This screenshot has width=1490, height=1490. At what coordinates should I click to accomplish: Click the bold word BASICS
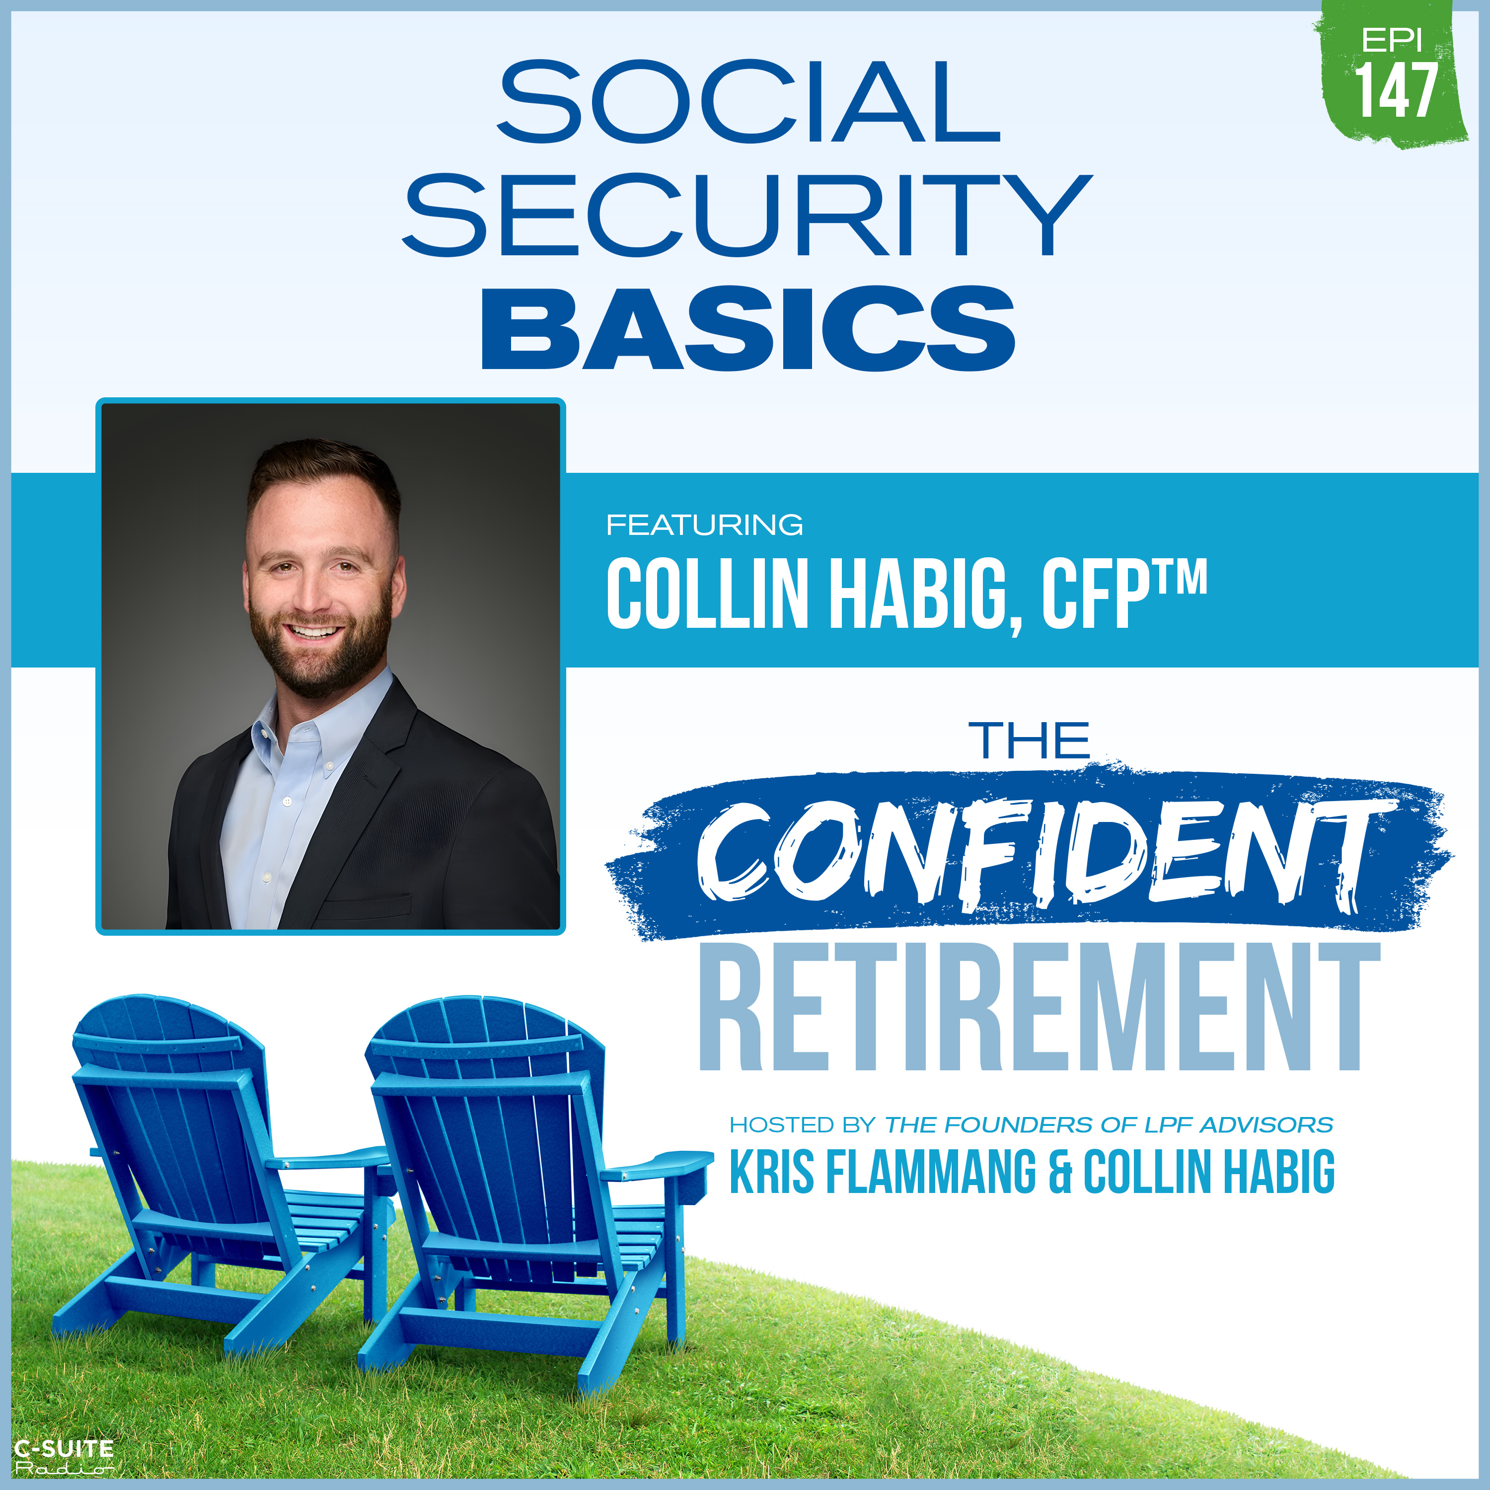click(x=748, y=328)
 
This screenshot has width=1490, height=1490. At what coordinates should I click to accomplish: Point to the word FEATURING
click(x=704, y=525)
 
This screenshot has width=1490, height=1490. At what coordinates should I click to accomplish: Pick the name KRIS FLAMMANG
click(x=883, y=1172)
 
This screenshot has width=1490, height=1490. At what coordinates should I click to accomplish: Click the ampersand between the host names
click(x=1060, y=1172)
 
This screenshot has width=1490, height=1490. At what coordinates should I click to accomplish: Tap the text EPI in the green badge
click(x=1392, y=40)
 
